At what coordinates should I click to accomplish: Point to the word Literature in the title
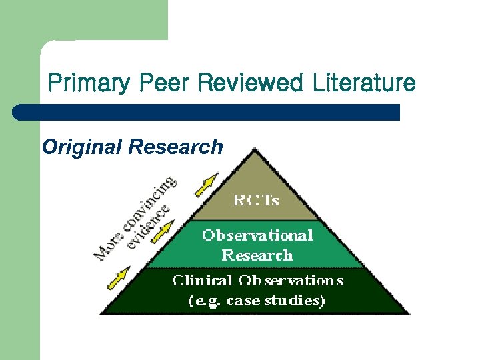[361, 83]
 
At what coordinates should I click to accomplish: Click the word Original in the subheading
[82, 147]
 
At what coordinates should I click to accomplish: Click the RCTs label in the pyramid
[256, 199]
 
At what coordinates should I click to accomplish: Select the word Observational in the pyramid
[257, 235]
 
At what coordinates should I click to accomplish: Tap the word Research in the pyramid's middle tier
[257, 255]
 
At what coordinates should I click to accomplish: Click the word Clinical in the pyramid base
[202, 281]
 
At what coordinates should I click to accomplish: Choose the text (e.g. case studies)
[257, 301]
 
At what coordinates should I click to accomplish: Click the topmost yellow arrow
[207, 185]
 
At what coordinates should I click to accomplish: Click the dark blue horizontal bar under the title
[207, 112]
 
